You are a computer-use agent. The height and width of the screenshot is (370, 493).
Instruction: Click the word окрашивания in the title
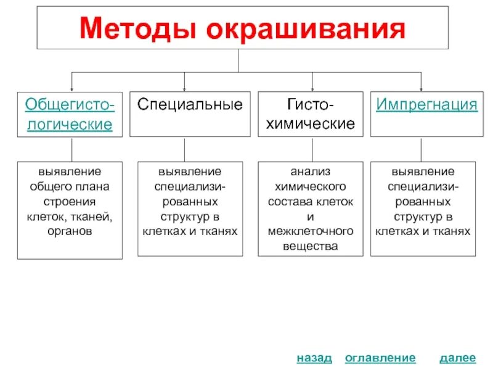point(303,28)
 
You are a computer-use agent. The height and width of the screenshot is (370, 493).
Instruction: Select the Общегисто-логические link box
point(69,114)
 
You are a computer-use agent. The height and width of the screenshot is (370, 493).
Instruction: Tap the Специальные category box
point(190,114)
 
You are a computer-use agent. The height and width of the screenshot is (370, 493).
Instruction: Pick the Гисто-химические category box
point(310,114)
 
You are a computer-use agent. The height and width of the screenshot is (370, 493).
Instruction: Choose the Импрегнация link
point(426,104)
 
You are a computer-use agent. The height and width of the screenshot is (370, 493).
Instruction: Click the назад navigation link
point(314,358)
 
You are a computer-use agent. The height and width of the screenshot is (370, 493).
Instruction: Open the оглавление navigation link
point(380,358)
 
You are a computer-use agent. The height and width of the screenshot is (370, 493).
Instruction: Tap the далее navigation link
point(458,358)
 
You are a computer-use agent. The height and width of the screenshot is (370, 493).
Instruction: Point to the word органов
point(69,231)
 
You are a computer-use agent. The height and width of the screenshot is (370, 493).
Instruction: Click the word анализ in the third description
point(311,171)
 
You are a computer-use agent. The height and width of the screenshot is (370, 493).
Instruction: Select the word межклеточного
point(311,231)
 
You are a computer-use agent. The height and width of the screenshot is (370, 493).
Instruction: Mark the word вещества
point(311,246)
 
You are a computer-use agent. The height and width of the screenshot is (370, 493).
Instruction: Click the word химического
point(311,186)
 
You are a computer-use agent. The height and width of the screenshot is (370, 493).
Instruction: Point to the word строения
point(69,202)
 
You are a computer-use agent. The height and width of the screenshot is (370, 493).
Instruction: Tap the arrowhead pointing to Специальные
point(184,88)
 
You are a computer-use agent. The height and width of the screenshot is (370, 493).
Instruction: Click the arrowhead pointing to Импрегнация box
point(421,88)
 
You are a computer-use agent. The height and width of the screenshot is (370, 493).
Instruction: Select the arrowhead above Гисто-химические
point(312,88)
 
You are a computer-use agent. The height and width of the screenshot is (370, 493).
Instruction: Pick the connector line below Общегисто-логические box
point(71,149)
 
